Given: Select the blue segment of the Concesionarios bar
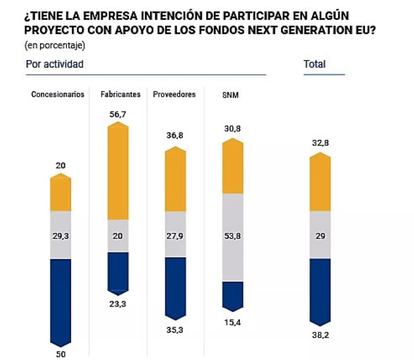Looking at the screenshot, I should pos(60,301).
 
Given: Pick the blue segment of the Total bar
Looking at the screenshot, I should pos(320,290).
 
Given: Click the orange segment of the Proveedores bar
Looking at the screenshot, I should pos(175,181).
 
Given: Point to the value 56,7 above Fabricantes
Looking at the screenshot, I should pos(118,114).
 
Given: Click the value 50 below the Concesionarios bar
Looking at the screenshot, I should pos(60,354).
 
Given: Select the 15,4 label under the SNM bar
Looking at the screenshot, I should pos(232,322).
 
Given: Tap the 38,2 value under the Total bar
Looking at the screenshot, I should pos(320,335).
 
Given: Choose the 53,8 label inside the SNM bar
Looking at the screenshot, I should pos(232,236).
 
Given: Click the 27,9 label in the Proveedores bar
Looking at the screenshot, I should pos(175,236).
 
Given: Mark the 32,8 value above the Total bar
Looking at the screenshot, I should pos(320,143).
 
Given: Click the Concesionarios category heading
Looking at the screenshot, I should pos(58,94).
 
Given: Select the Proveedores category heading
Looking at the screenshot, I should pos(174,94).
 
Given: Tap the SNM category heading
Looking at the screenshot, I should pos(230,95).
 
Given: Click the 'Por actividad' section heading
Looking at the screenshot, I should pos(55,64).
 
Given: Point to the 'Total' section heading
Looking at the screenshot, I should pos(315,64).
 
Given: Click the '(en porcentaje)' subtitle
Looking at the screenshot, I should pos(55,45).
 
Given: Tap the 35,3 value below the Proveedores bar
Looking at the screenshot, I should pos(175,330).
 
